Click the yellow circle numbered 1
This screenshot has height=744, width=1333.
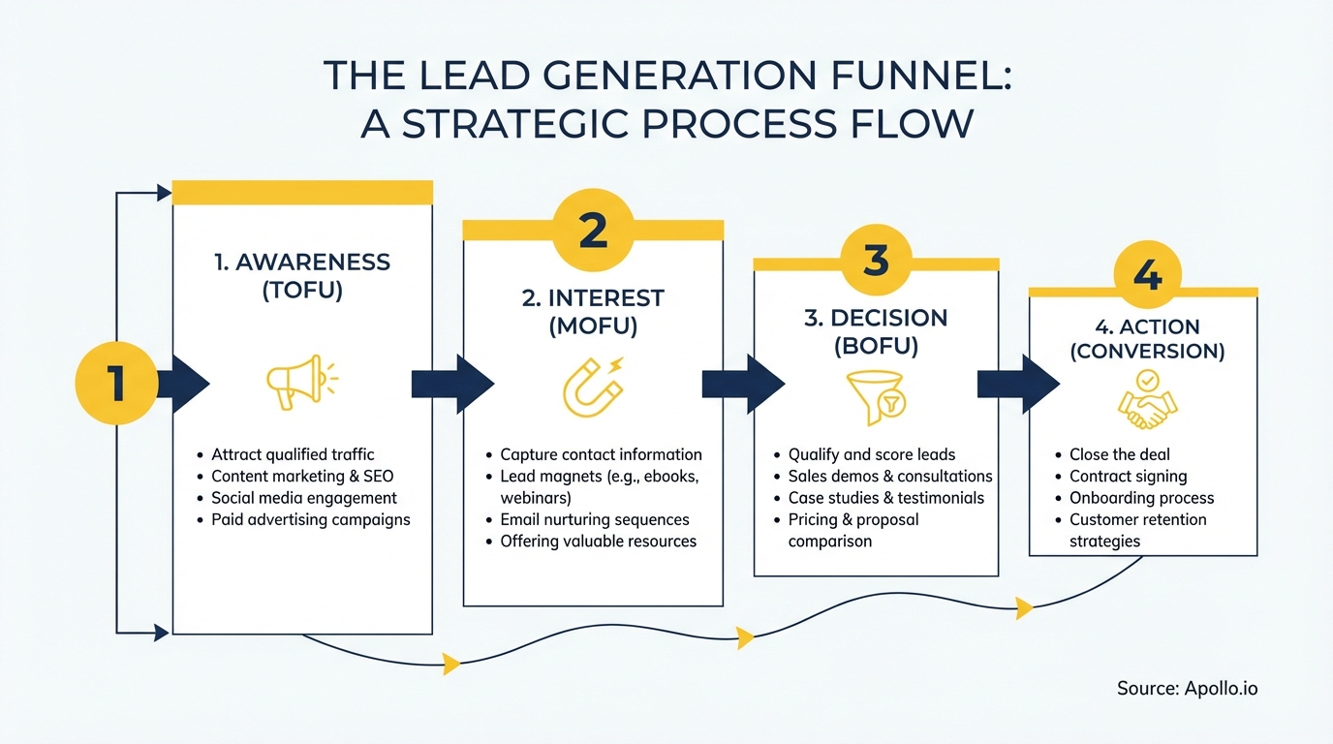pos(116,384)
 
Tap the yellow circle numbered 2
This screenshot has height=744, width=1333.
pos(593,231)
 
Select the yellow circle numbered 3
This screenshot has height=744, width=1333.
pos(876,260)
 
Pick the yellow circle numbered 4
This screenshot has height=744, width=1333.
pos(1147,276)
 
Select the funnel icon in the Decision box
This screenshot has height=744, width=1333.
pos(875,397)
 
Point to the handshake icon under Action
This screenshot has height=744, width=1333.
pos(1147,404)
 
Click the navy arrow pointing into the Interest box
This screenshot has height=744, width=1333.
pos(452,384)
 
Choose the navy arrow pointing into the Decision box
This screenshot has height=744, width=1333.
pos(743,384)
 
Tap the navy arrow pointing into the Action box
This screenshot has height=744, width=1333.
pos(1018,384)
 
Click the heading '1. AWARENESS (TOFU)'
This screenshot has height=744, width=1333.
pos(302,276)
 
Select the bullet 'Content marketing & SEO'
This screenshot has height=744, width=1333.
pos(302,476)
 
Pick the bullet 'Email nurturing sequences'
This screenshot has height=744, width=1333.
pos(595,519)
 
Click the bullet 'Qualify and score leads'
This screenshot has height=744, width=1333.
pos(872,454)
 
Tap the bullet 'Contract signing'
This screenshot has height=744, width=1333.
pos(1128,476)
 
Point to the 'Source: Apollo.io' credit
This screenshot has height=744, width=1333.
pos(1187,688)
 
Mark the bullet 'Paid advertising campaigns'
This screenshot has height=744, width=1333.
pos(310,519)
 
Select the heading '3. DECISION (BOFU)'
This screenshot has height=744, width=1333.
pos(876,331)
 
